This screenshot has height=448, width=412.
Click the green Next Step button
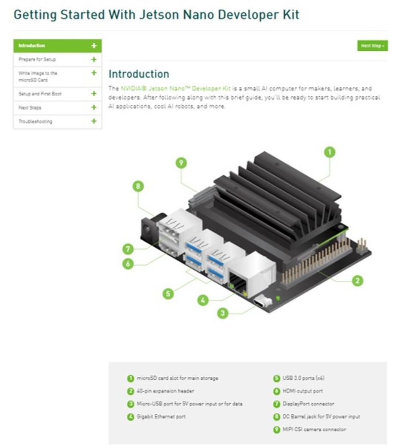click(372, 46)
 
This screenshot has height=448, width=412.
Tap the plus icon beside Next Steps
click(94, 107)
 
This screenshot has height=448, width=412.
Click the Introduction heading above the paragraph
click(139, 74)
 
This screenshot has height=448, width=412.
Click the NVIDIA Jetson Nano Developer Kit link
click(175, 89)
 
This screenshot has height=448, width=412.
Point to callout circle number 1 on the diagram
click(330, 152)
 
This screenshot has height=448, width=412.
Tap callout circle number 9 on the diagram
click(181, 163)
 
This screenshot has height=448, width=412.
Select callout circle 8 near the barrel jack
click(138, 186)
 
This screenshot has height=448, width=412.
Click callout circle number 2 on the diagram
click(357, 281)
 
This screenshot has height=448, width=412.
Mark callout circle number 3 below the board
click(223, 313)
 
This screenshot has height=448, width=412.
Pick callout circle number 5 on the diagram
click(168, 293)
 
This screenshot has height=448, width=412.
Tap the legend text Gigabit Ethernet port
click(161, 417)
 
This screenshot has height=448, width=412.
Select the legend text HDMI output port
click(302, 391)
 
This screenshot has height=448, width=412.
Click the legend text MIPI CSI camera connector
click(314, 429)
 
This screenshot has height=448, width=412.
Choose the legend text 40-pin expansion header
click(165, 391)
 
